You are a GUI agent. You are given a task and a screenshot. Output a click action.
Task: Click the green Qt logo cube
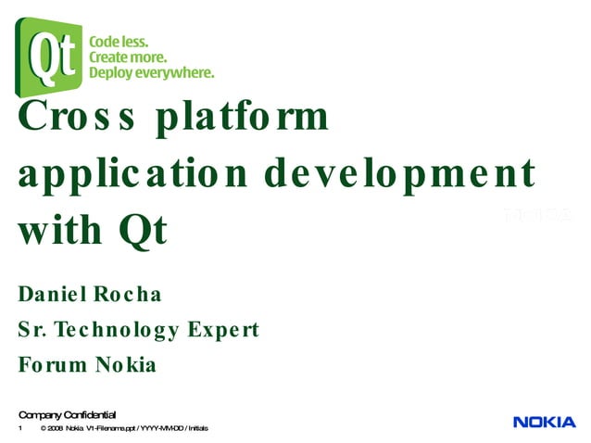pyautogui.click(x=47, y=57)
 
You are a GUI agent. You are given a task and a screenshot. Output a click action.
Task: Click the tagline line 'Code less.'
pyautogui.click(x=118, y=42)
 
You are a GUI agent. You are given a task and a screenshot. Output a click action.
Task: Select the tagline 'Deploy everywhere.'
pyautogui.click(x=151, y=73)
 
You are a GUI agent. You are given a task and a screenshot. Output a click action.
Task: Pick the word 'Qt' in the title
pyautogui.click(x=142, y=231)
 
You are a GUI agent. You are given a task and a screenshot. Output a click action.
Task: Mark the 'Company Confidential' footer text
pyautogui.click(x=67, y=413)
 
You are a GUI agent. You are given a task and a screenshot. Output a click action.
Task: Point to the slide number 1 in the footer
pyautogui.click(x=19, y=429)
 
